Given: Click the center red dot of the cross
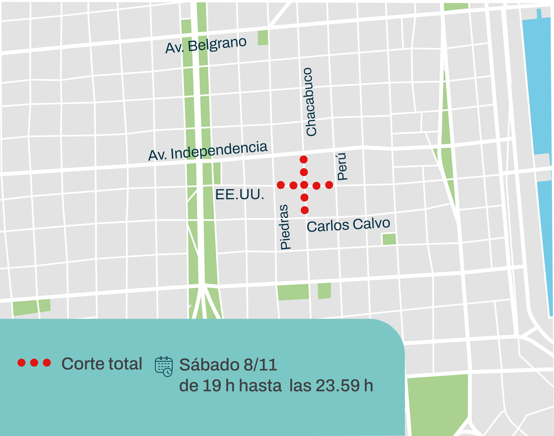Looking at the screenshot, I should tap(304, 185).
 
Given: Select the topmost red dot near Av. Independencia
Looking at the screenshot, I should tap(303, 160).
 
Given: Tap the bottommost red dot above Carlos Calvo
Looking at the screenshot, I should tap(304, 210).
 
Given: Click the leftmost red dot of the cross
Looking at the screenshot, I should tap(281, 185).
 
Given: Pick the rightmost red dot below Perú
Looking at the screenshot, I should tap(329, 185).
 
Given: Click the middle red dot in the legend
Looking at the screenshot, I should tap(34, 362).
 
